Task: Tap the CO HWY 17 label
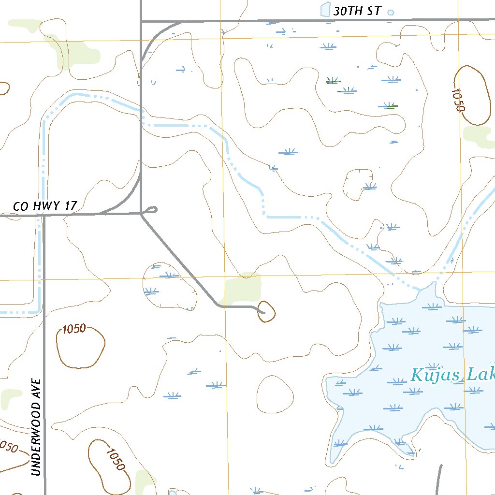(x=44, y=206)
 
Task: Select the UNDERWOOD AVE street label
(x=37, y=427)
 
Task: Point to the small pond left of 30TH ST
(x=325, y=10)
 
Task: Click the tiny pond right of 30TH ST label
(x=391, y=13)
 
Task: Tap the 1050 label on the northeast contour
(x=457, y=100)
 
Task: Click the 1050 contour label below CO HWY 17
(x=74, y=329)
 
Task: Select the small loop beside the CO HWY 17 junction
(x=151, y=210)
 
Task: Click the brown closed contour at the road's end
(x=266, y=311)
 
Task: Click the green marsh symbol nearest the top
(x=333, y=81)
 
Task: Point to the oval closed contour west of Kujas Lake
(x=275, y=394)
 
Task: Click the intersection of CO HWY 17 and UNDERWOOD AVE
(x=44, y=216)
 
